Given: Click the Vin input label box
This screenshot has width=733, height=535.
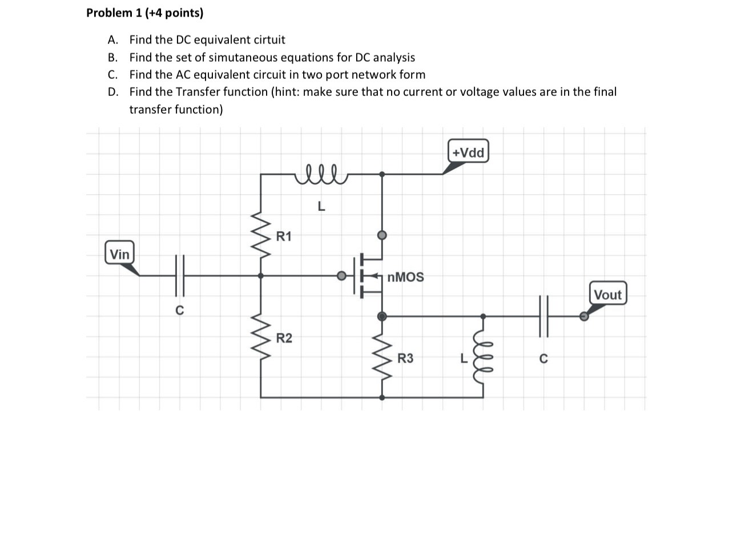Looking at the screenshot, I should tap(120, 254).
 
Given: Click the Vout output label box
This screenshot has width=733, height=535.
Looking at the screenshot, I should tap(607, 295).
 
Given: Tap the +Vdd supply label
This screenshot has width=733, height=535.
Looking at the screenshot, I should tap(468, 152).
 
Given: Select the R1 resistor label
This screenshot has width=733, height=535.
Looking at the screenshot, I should tap(284, 236).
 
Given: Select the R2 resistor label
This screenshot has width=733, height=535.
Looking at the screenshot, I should tap(284, 339).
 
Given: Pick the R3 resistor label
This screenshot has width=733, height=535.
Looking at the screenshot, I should tap(405, 359).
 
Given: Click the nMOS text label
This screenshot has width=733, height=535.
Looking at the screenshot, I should tap(405, 277).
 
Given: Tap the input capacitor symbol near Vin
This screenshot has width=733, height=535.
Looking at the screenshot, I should tap(179, 276).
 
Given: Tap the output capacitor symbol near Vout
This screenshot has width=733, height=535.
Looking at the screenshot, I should tap(543, 316).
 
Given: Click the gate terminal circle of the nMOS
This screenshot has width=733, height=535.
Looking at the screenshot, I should tap(341, 276).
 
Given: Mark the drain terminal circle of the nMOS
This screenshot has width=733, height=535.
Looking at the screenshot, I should tap(382, 235).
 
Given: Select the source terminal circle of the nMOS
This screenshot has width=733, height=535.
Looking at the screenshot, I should tap(382, 316).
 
